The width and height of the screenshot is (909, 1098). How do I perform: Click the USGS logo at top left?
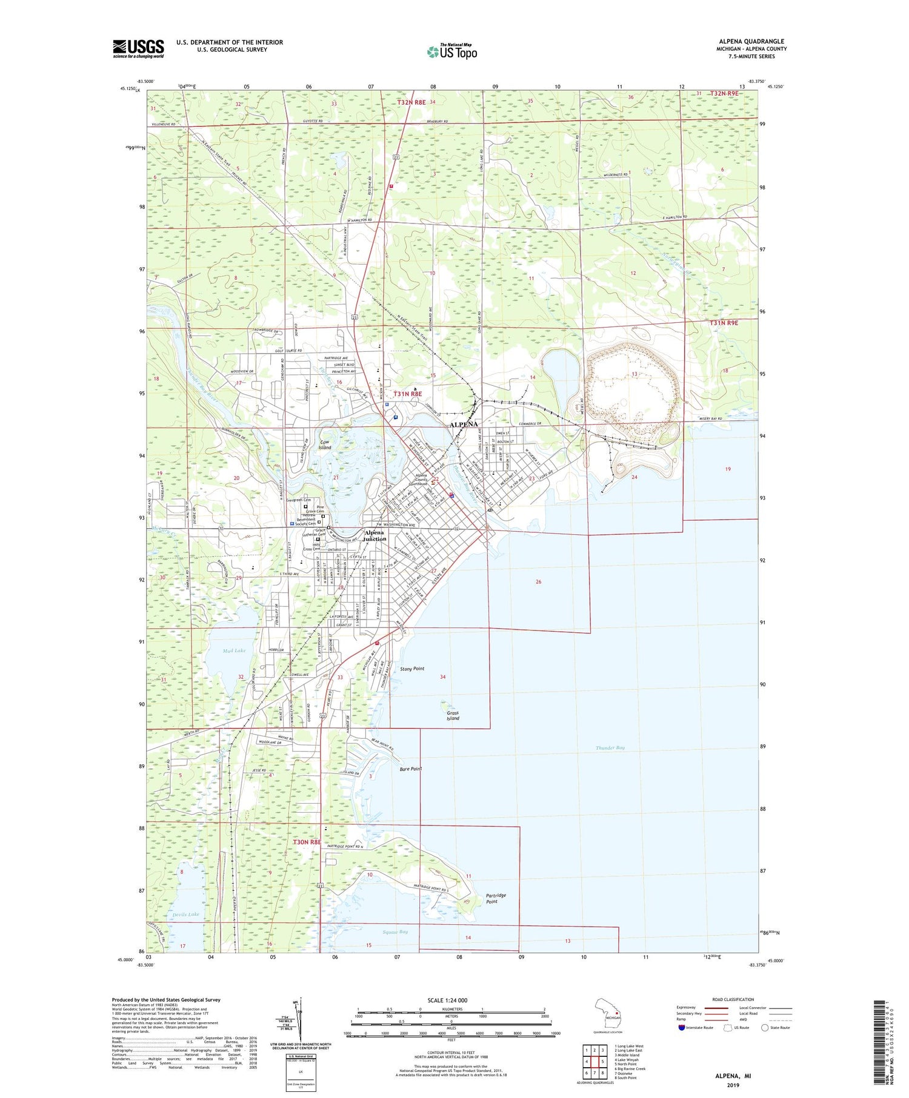pos(138,48)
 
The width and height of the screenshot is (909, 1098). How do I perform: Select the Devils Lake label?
pos(185,914)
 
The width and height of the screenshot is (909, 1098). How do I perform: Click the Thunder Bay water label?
pos(610,748)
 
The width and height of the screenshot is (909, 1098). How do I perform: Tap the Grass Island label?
pos(453,716)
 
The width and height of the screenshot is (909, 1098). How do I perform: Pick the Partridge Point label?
pos(496,899)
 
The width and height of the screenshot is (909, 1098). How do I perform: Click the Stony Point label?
pos(412,669)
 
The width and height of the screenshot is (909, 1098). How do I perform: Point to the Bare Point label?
pos(411,769)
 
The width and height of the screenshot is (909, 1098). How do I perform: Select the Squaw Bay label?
pos(395,932)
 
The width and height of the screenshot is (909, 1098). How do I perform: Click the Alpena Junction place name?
pos(375,535)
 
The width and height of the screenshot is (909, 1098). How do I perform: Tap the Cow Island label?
pos(325,445)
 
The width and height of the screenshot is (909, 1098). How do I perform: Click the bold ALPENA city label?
pos(464,425)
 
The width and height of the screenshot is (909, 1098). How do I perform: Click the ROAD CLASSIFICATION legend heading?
pos(733,999)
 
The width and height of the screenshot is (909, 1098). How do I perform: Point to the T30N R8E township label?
pos(307,842)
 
